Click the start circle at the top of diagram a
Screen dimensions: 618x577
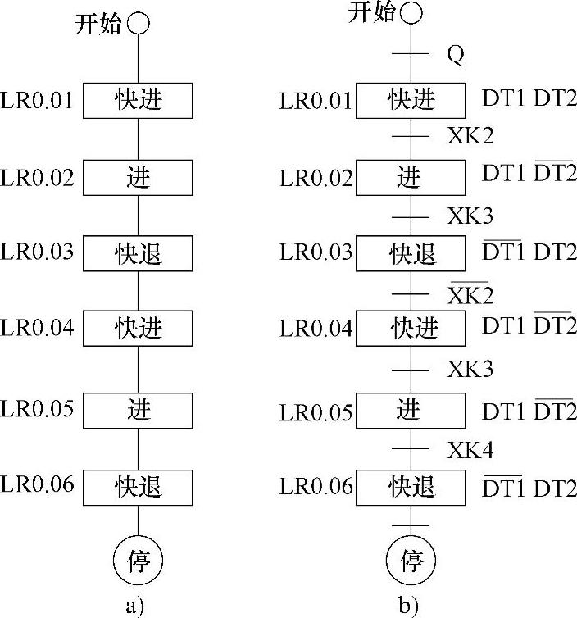point(138,25)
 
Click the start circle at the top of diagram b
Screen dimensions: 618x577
point(411,13)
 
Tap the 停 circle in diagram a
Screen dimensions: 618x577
point(138,561)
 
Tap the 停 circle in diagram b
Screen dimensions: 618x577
point(411,561)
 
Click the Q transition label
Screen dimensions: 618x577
point(456,55)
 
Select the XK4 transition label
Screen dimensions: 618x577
point(470,448)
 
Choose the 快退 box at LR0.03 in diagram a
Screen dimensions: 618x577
point(138,253)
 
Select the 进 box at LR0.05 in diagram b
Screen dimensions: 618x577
point(410,411)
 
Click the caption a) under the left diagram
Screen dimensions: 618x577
point(137,606)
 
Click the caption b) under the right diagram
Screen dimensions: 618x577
point(409,606)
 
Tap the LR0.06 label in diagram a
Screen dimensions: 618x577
point(38,485)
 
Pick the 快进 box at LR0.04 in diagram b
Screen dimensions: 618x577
point(410,329)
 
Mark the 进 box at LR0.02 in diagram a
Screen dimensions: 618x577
point(138,177)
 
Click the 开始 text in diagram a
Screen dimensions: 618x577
point(98,25)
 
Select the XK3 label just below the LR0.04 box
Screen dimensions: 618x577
point(470,370)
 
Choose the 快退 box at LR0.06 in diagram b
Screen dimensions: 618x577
point(410,488)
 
